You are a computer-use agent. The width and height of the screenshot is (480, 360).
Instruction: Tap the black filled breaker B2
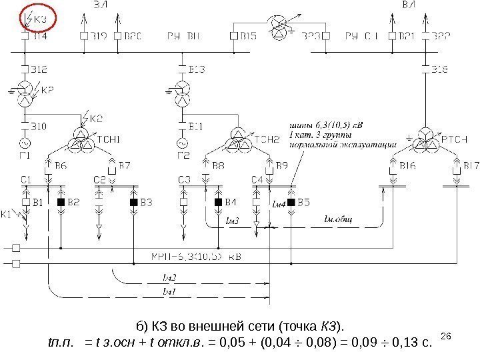click(60, 201)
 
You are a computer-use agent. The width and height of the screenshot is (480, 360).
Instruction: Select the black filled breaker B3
click(133, 201)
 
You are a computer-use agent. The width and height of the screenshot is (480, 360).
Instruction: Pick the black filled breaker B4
click(217, 201)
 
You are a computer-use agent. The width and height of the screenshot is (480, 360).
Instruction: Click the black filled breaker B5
click(291, 201)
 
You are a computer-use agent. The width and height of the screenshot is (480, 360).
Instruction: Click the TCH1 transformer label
click(110, 139)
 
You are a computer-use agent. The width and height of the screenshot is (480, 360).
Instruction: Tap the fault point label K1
click(7, 215)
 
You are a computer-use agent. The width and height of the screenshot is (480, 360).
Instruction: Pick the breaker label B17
click(472, 164)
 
